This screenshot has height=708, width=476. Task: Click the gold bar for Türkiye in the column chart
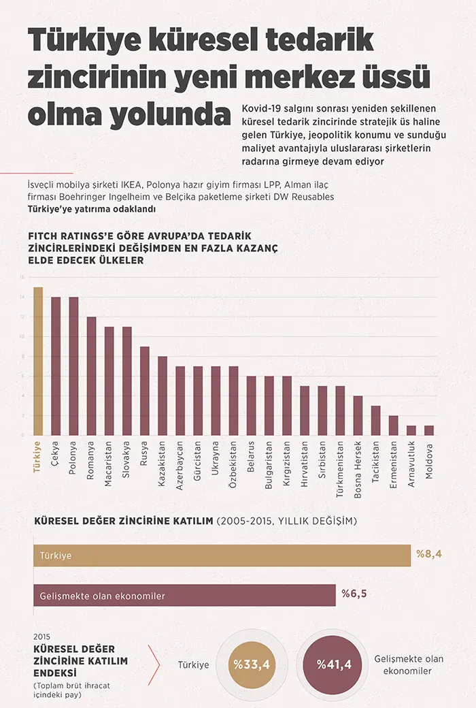pyautogui.click(x=38, y=361)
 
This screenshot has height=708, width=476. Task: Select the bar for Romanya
pyautogui.click(x=91, y=376)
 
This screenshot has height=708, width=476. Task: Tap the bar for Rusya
pyautogui.click(x=144, y=391)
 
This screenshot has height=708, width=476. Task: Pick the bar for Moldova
pyautogui.click(x=428, y=430)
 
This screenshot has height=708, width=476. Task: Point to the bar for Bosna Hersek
pyautogui.click(x=358, y=415)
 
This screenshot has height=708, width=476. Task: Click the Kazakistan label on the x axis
pyautogui.click(x=162, y=463)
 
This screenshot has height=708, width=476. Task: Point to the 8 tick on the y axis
pyautogui.click(x=22, y=356)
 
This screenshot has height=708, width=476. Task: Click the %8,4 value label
pyautogui.click(x=429, y=554)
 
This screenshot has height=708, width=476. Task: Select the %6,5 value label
pyautogui.click(x=354, y=594)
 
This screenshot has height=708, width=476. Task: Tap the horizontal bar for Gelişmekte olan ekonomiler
pyautogui.click(x=184, y=596)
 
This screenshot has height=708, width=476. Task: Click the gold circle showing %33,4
pyautogui.click(x=252, y=664)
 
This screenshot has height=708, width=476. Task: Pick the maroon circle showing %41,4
pyautogui.click(x=333, y=664)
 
